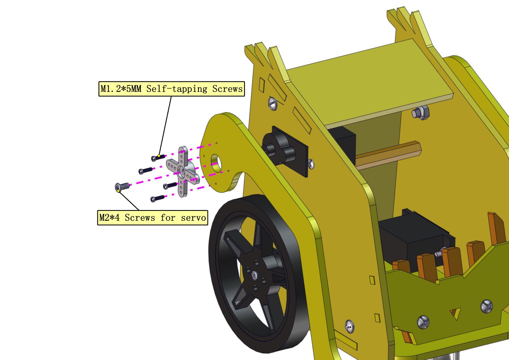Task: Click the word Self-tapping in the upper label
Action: click(177, 89)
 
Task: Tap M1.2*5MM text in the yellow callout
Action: click(121, 89)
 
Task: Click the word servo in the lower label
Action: click(193, 218)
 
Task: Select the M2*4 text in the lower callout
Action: click(109, 218)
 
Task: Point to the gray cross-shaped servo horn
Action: click(183, 171)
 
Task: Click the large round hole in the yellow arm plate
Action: click(216, 163)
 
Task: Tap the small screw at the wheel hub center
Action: click(255, 276)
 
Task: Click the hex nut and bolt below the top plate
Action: click(421, 113)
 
